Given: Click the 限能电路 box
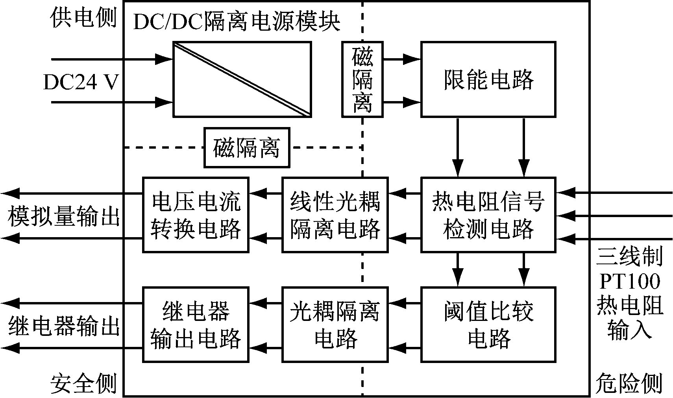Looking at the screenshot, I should click(x=488, y=79).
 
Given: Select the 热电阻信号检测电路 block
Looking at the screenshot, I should click(x=488, y=215).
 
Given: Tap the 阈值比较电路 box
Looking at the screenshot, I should click(x=488, y=324).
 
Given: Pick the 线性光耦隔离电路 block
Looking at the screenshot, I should click(x=335, y=215).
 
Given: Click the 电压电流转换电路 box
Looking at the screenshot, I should click(x=196, y=215).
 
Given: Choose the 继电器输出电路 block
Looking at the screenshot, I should click(x=196, y=324).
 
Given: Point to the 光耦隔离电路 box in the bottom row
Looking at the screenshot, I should click(x=335, y=324).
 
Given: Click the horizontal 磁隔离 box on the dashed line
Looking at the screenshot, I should click(x=247, y=147).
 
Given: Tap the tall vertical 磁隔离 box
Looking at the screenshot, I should click(x=362, y=79).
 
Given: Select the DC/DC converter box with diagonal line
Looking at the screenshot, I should click(x=242, y=79).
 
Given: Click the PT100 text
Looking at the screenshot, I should click(x=629, y=281).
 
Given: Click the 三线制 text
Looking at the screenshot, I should click(x=629, y=257).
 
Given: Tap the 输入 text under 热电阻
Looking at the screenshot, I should click(x=629, y=329).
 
